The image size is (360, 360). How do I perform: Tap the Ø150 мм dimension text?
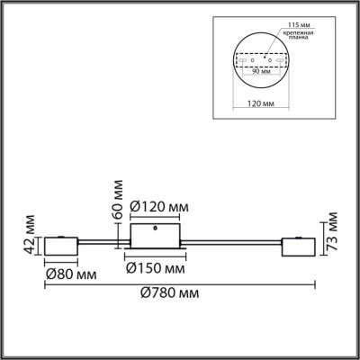coord(156,268)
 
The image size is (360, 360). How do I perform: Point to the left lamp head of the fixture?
coord(60,246)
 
